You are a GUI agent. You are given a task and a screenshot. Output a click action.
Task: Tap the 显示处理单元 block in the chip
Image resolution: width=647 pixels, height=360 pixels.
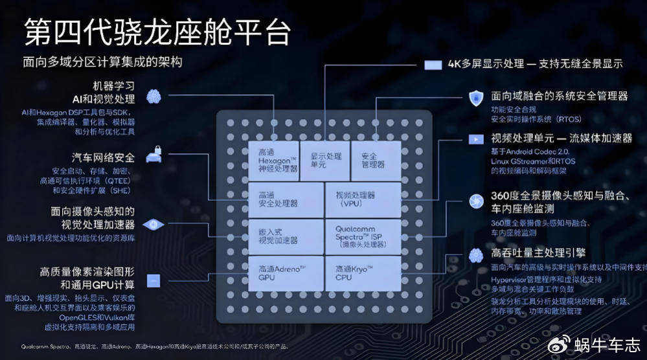tap(325, 159)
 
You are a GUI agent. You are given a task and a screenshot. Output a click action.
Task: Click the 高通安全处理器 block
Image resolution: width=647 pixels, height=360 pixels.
tap(286, 199)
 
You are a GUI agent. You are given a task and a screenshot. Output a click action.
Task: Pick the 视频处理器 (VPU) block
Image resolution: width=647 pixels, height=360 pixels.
tap(359, 199)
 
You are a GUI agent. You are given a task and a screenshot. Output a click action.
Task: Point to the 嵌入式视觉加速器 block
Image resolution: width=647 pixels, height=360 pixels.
tap(286, 236)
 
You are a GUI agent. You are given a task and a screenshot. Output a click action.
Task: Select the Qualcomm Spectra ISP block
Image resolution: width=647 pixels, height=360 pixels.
tap(359, 236)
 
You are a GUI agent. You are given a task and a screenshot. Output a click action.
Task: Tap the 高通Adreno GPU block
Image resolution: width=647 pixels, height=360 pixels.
tap(286, 273)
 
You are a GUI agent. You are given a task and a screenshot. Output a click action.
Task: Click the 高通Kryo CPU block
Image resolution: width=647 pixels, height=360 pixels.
tap(359, 273)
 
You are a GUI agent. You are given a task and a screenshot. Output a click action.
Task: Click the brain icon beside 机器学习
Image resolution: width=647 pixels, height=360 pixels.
tap(153, 97)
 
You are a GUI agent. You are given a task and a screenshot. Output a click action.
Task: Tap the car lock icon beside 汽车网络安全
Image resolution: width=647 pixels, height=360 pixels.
tap(153, 155)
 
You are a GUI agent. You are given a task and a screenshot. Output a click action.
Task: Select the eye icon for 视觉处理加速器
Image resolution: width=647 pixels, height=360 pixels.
tap(153, 224)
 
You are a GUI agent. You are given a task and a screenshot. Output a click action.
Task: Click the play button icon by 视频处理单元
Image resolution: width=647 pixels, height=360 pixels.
tap(475, 139)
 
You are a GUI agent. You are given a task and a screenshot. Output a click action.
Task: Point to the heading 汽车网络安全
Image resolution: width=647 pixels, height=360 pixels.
tap(103, 157)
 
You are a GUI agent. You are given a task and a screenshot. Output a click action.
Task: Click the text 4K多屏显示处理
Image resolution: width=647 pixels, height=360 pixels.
tap(486, 63)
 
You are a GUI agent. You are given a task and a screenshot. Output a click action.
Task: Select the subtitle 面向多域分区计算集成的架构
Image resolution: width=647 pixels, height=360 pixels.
tap(102, 62)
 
